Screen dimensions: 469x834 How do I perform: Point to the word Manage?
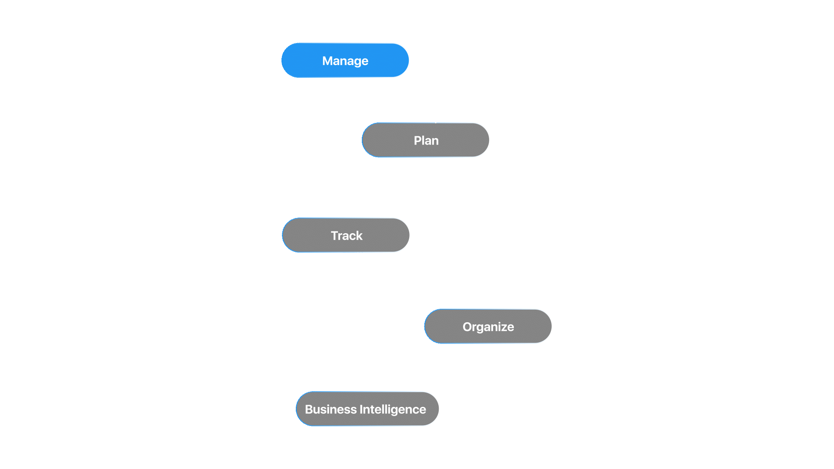click(x=345, y=61)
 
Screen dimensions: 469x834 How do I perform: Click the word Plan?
click(x=426, y=140)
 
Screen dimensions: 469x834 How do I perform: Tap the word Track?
click(x=347, y=235)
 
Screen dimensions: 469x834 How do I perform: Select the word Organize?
click(x=488, y=327)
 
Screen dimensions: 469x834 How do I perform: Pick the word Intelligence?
click(x=393, y=409)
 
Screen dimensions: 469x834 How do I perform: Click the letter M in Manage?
click(x=327, y=61)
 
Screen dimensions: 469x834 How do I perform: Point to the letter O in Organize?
click(x=467, y=327)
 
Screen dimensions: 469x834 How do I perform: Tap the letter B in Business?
click(x=309, y=409)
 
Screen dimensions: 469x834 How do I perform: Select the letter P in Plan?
click(x=417, y=140)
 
